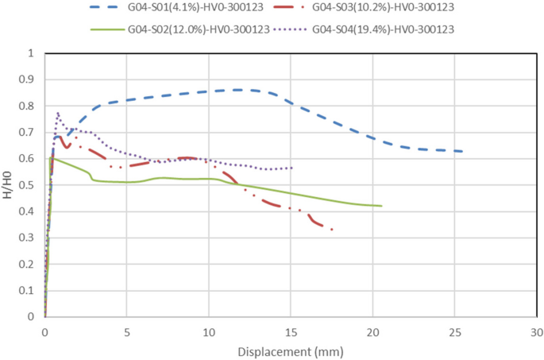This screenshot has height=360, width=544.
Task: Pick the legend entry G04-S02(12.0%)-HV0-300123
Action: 197,30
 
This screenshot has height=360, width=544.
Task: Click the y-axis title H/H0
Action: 8,185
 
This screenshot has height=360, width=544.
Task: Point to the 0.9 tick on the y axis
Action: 31,80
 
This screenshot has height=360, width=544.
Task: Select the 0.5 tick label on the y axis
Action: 31,185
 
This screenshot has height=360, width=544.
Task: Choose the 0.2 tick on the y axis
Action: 31,264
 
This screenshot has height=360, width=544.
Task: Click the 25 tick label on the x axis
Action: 455,331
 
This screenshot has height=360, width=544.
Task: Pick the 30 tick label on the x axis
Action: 537,331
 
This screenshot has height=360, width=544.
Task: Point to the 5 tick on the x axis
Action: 126,331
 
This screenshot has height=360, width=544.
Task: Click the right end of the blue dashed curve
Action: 462,151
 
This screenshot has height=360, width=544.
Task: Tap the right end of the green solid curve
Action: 382,206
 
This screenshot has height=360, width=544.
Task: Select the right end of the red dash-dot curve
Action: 332,230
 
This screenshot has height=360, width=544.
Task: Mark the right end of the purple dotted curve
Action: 292,168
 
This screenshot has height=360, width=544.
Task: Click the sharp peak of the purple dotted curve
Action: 58,113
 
